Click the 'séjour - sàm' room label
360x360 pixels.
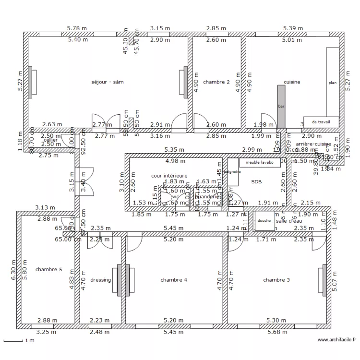click(x=108, y=82)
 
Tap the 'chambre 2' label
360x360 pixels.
click(x=216, y=82)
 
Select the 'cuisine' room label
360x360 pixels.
click(x=292, y=82)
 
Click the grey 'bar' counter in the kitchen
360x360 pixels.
click(x=281, y=106)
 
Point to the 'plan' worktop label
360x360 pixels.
click(x=332, y=83)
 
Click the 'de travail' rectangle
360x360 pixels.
click(x=321, y=122)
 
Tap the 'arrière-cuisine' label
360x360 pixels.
click(x=313, y=144)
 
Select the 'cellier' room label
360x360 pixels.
click(x=50, y=140)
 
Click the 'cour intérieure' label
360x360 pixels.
click(x=169, y=176)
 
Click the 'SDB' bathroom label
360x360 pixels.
click(x=256, y=181)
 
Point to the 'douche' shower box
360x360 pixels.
click(x=264, y=220)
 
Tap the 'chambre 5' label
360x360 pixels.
click(x=48, y=270)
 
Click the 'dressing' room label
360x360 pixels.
click(x=100, y=280)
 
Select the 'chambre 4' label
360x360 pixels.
click(x=174, y=280)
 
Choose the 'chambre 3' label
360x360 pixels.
click(x=276, y=280)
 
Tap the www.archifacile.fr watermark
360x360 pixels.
click(x=337, y=340)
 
